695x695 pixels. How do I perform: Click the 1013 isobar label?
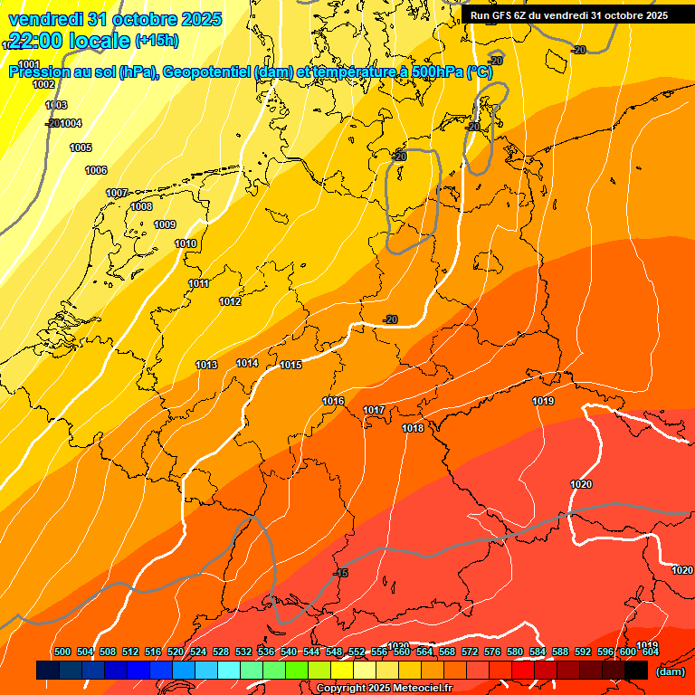[206, 365]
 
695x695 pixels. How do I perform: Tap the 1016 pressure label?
[333, 401]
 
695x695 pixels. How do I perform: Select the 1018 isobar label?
[413, 428]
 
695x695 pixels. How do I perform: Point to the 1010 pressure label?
[186, 244]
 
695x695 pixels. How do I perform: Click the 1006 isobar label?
[96, 171]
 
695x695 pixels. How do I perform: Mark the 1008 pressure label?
[141, 207]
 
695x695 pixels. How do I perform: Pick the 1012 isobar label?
[230, 302]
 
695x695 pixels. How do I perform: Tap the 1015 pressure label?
[290, 365]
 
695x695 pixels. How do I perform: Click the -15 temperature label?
[340, 574]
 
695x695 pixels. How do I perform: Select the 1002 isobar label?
[43, 84]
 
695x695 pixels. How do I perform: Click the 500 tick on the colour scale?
[62, 652]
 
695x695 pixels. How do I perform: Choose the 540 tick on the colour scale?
[289, 652]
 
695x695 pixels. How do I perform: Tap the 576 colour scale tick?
[492, 652]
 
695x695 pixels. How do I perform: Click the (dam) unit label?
[670, 671]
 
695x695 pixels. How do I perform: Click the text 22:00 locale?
[68, 41]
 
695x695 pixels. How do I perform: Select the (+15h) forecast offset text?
[157, 41]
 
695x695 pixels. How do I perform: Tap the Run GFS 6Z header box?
[568, 15]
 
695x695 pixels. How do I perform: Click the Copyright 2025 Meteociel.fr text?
[384, 689]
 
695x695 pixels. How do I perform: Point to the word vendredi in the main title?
[45, 19]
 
